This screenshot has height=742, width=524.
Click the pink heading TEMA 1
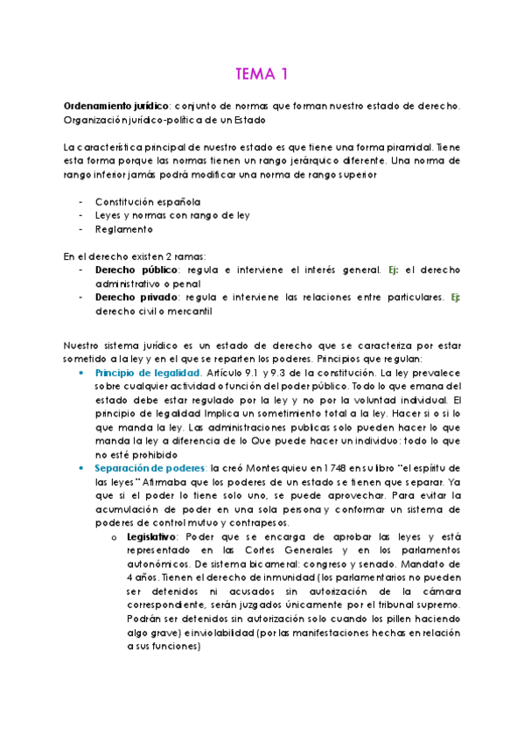(x=262, y=73)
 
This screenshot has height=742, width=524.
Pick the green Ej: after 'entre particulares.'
(x=456, y=297)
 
